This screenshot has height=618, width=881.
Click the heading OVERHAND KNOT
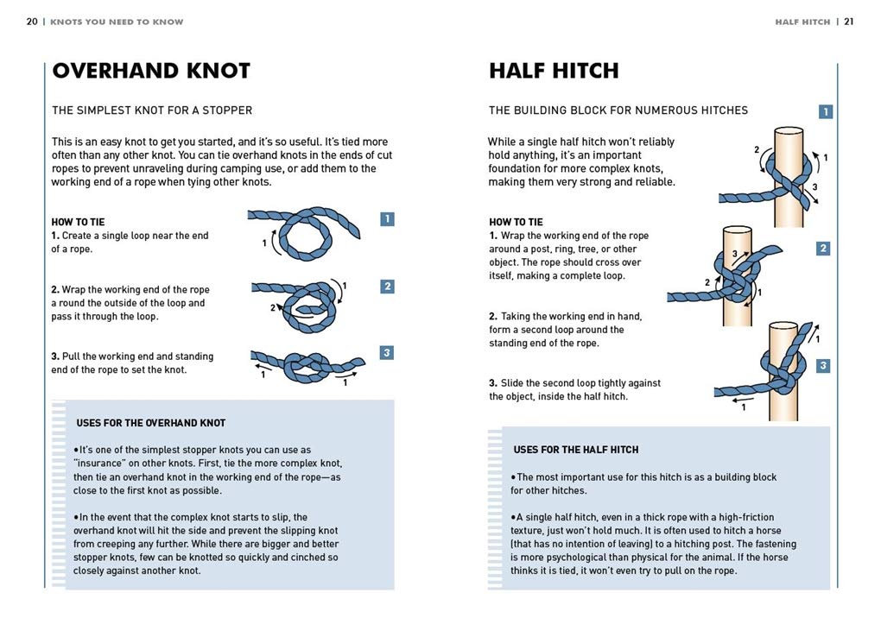tap(151, 71)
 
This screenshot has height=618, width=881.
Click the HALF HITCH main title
tap(554, 71)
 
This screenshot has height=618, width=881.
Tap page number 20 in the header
tap(32, 22)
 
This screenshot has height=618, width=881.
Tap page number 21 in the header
tap(849, 22)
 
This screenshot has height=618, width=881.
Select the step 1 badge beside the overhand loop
tap(387, 219)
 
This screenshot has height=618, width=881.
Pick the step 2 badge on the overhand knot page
tap(387, 287)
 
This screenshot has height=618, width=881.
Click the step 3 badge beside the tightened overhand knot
tap(387, 352)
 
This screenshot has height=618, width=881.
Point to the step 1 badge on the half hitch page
tap(826, 111)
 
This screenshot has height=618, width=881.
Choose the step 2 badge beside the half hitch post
tap(823, 248)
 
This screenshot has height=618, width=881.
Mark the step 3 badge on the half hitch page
tap(823, 366)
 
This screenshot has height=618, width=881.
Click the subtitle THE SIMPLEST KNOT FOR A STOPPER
tap(152, 110)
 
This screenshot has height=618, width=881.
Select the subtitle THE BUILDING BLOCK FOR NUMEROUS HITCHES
tap(618, 110)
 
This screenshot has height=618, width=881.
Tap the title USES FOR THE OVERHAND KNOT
tap(151, 423)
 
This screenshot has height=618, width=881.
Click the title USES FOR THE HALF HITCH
tap(576, 450)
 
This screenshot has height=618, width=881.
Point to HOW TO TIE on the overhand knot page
tap(78, 223)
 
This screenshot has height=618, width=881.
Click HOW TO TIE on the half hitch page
tap(516, 223)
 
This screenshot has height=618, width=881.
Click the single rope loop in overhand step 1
tap(282, 224)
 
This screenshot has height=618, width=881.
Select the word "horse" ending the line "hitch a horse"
tap(768, 531)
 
